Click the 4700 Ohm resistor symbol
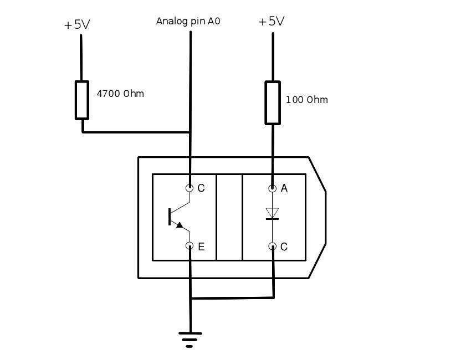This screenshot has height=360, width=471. point(82,100)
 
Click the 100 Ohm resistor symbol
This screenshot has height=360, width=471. point(272,102)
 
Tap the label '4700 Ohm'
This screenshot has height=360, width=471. point(120,94)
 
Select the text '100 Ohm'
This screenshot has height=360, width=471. point(306,100)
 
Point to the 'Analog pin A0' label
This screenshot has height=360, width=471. point(188,22)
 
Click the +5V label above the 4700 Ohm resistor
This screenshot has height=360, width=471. point(77,25)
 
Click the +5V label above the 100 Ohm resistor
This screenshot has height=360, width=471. point(272,22)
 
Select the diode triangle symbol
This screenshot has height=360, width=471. point(272,213)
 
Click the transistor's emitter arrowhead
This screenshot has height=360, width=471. point(179,224)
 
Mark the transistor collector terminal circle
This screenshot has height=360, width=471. point(190,188)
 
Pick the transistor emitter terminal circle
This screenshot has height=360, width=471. point(190,246)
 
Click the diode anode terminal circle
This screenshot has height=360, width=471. point(272,188)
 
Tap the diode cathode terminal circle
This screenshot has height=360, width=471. point(272,246)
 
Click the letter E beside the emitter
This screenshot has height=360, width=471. point(201,247)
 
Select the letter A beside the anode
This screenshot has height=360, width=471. point(284,188)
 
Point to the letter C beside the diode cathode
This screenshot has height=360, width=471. point(284,247)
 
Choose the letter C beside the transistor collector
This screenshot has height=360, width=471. point(201,188)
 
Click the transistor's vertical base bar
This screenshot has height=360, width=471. point(170,217)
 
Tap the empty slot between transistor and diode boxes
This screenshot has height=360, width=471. point(229,217)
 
